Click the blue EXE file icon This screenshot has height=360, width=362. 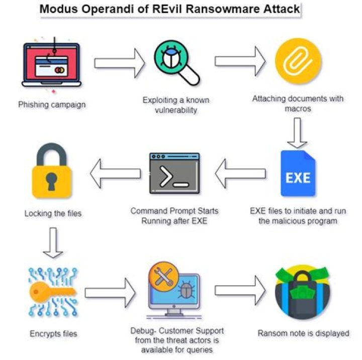pyautogui.click(x=298, y=173)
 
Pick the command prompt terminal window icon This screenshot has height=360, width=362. pyautogui.click(x=174, y=173)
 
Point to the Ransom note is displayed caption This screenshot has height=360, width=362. pyautogui.click(x=303, y=333)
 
